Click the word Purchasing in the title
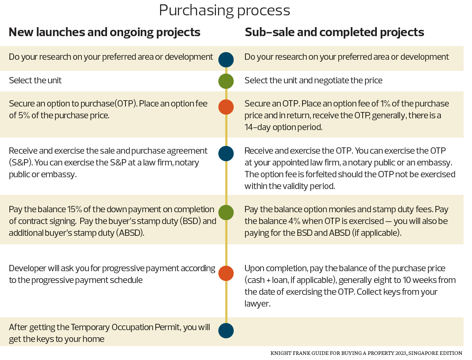point(196,11)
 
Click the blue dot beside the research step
point(226,60)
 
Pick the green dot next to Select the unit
point(226,81)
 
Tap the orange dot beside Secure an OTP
point(226,107)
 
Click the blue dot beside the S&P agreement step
point(226,154)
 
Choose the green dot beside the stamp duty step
point(226,213)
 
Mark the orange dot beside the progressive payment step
point(226,273)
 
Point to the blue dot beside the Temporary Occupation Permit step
point(226,331)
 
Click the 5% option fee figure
point(24,115)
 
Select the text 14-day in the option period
point(258,127)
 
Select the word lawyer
point(257,303)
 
